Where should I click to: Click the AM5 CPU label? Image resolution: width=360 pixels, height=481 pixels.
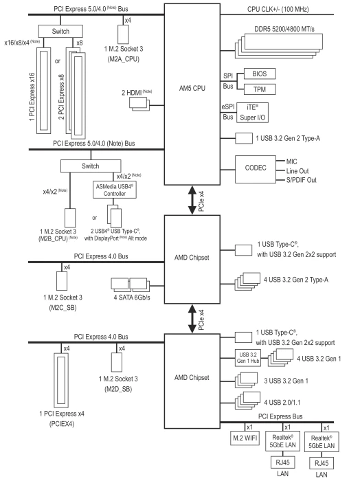coord(192,89)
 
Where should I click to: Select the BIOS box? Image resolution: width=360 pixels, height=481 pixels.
coord(260,74)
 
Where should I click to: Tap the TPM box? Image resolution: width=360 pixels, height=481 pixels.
coord(260,89)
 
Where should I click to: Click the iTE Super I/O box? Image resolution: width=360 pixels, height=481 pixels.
coord(252,113)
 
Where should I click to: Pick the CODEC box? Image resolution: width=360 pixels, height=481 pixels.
coord(256,169)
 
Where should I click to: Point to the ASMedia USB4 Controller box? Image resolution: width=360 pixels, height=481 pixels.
coord(114,190)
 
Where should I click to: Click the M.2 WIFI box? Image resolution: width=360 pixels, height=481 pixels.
coord(245,438)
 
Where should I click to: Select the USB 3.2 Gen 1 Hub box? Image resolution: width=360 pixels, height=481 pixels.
coord(248,358)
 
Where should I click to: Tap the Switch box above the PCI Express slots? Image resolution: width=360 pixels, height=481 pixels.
coord(60,32)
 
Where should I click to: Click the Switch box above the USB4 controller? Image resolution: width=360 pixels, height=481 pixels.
coord(91,166)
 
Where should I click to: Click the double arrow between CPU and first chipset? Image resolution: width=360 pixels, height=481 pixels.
coord(192,200)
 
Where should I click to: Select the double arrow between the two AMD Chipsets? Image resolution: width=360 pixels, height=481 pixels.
coord(192,318)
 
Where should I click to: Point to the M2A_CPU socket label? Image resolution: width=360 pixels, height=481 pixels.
coord(123,59)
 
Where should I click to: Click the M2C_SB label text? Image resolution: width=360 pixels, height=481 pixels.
coord(63,307)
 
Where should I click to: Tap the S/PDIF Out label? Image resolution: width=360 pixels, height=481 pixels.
coord(301,180)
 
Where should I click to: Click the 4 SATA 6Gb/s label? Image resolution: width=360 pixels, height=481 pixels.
coord(132,298)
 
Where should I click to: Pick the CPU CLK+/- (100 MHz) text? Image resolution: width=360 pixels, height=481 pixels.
coord(278,9)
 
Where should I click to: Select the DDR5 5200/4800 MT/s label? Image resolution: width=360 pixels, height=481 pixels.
coord(284,29)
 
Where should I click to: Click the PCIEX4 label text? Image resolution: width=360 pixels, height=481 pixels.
coord(62,424)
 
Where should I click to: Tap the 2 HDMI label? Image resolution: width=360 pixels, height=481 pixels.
coord(131,93)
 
